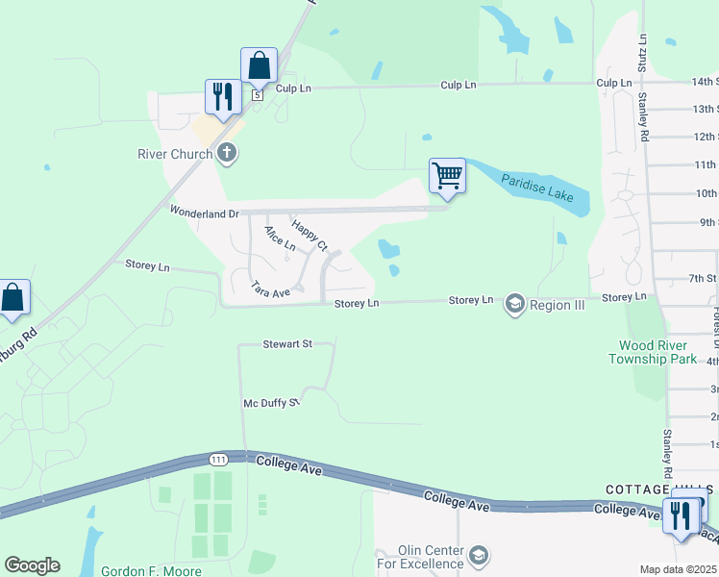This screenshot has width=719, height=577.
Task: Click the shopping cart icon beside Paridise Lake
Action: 447,177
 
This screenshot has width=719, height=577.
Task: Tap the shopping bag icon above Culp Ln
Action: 259,66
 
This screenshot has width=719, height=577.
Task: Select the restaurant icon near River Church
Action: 222,97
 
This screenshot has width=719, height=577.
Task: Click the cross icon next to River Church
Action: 227,152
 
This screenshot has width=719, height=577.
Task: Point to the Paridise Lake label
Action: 537,188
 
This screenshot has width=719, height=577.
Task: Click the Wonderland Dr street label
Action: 204,212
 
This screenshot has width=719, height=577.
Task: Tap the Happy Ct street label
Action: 310,235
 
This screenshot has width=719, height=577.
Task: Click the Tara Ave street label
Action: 270,288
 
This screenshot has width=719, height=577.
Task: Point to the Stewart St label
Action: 287,343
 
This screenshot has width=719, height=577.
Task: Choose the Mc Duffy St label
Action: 272,403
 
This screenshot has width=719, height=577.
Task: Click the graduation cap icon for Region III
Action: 514,304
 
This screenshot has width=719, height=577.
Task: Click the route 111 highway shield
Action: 219,460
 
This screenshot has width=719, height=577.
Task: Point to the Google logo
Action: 32,565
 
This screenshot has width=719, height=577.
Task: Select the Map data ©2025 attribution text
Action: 677,570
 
